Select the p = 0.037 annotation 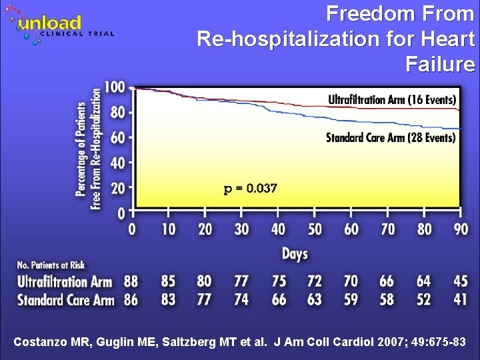pyautogui.click(x=250, y=188)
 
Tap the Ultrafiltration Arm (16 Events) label pyautogui.click(x=392, y=99)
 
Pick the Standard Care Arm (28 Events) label pyautogui.click(x=391, y=138)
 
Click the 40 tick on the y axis pyautogui.click(x=117, y=163)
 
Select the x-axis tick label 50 pyautogui.click(x=314, y=229)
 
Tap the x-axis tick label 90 pyautogui.click(x=460, y=229)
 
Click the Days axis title pyautogui.click(x=295, y=253)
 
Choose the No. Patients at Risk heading pyautogui.click(x=51, y=266)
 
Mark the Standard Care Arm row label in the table pyautogui.click(x=65, y=300)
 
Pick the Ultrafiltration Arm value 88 pyautogui.click(x=131, y=282)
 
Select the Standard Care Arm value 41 pyautogui.click(x=460, y=300)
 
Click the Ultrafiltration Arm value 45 pyautogui.click(x=460, y=282)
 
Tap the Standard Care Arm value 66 pyautogui.click(x=278, y=300)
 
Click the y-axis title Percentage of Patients pyautogui.click(x=81, y=148)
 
